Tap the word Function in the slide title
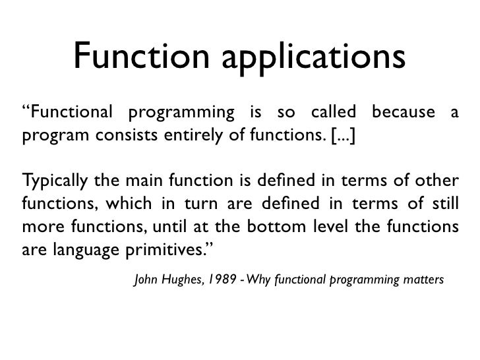139,55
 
